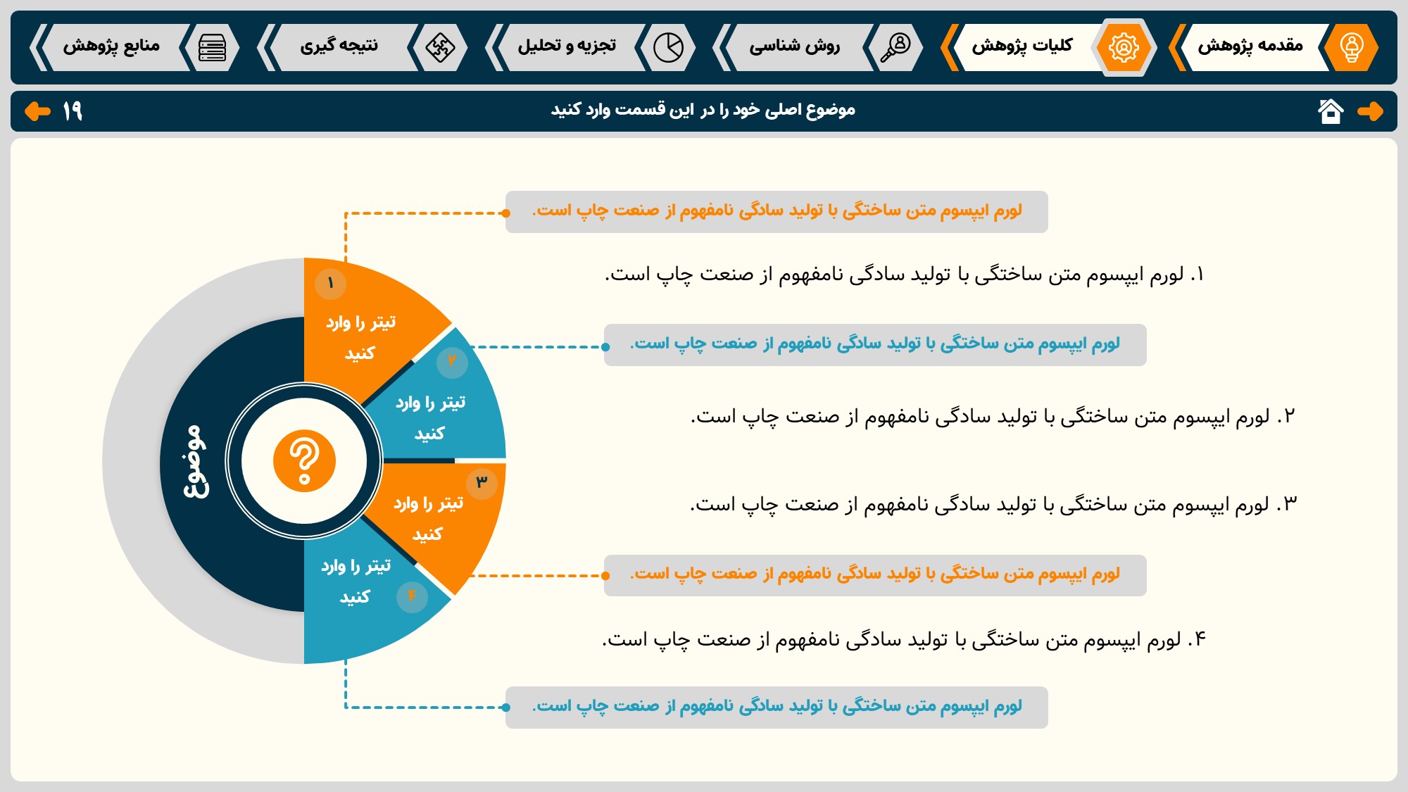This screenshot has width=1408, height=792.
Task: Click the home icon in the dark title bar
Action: pos(1331,111)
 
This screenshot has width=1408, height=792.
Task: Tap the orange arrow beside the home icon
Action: pos(1370,111)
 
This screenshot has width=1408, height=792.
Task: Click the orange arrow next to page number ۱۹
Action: pos(37,111)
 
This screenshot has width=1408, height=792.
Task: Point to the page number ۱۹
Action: pos(73,111)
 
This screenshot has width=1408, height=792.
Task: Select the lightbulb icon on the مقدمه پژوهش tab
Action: pos(1351,47)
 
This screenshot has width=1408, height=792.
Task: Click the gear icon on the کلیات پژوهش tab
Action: pos(1124,47)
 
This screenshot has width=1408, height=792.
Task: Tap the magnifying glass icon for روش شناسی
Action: pos(895,47)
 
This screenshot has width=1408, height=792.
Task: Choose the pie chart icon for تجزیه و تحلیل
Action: pos(668,47)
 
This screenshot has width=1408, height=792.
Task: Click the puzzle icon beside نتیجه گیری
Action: pos(440,47)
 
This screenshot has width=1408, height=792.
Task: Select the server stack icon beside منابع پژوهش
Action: pos(212,47)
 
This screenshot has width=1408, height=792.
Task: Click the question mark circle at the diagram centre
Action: pos(304,461)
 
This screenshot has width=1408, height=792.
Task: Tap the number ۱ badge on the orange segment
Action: pos(330,284)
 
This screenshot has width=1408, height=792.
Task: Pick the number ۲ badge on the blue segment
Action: pos(452,362)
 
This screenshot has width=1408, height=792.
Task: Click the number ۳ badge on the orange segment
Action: pos(482,483)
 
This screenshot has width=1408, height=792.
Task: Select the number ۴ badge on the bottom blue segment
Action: pos(412,596)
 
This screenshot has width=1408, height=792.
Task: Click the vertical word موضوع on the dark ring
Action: pos(195,462)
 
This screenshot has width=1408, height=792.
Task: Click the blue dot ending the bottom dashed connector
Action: pos(506,708)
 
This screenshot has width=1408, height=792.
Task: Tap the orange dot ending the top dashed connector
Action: pos(506,213)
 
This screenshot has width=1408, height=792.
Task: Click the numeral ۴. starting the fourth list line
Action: pos(1197,639)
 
